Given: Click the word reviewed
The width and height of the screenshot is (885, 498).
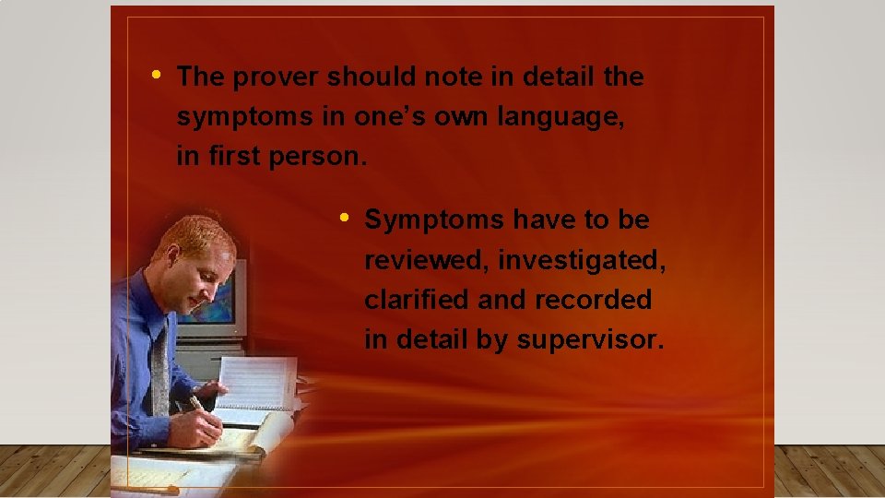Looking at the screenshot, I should click(x=426, y=261).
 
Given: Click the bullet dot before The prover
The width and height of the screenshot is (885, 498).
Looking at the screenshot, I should click(x=158, y=73).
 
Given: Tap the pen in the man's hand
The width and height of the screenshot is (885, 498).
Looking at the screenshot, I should click(x=198, y=406).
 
